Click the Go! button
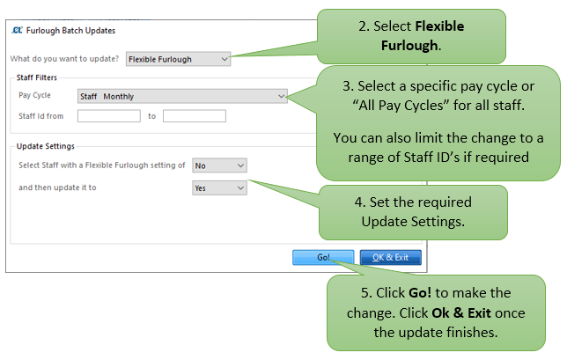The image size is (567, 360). [x=323, y=257]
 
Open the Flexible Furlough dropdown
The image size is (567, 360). [x=178, y=59]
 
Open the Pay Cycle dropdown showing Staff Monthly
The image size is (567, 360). [x=182, y=96]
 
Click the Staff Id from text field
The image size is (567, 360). [x=109, y=116]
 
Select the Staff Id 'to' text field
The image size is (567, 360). [x=195, y=116]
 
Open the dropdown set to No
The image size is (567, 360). [x=219, y=165]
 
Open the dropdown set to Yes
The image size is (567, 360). [x=219, y=188]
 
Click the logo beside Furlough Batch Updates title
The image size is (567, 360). [x=17, y=30]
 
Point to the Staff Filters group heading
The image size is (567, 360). [x=36, y=77]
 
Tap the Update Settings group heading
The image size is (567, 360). [x=46, y=146]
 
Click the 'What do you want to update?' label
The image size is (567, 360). [x=64, y=59]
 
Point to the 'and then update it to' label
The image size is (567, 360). [x=57, y=187]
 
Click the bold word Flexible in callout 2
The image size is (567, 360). [x=439, y=26]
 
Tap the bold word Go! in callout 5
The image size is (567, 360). [x=420, y=292]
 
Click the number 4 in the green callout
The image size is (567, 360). [x=360, y=202]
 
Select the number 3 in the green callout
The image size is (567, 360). [x=348, y=86]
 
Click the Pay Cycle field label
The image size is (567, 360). [x=34, y=95]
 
